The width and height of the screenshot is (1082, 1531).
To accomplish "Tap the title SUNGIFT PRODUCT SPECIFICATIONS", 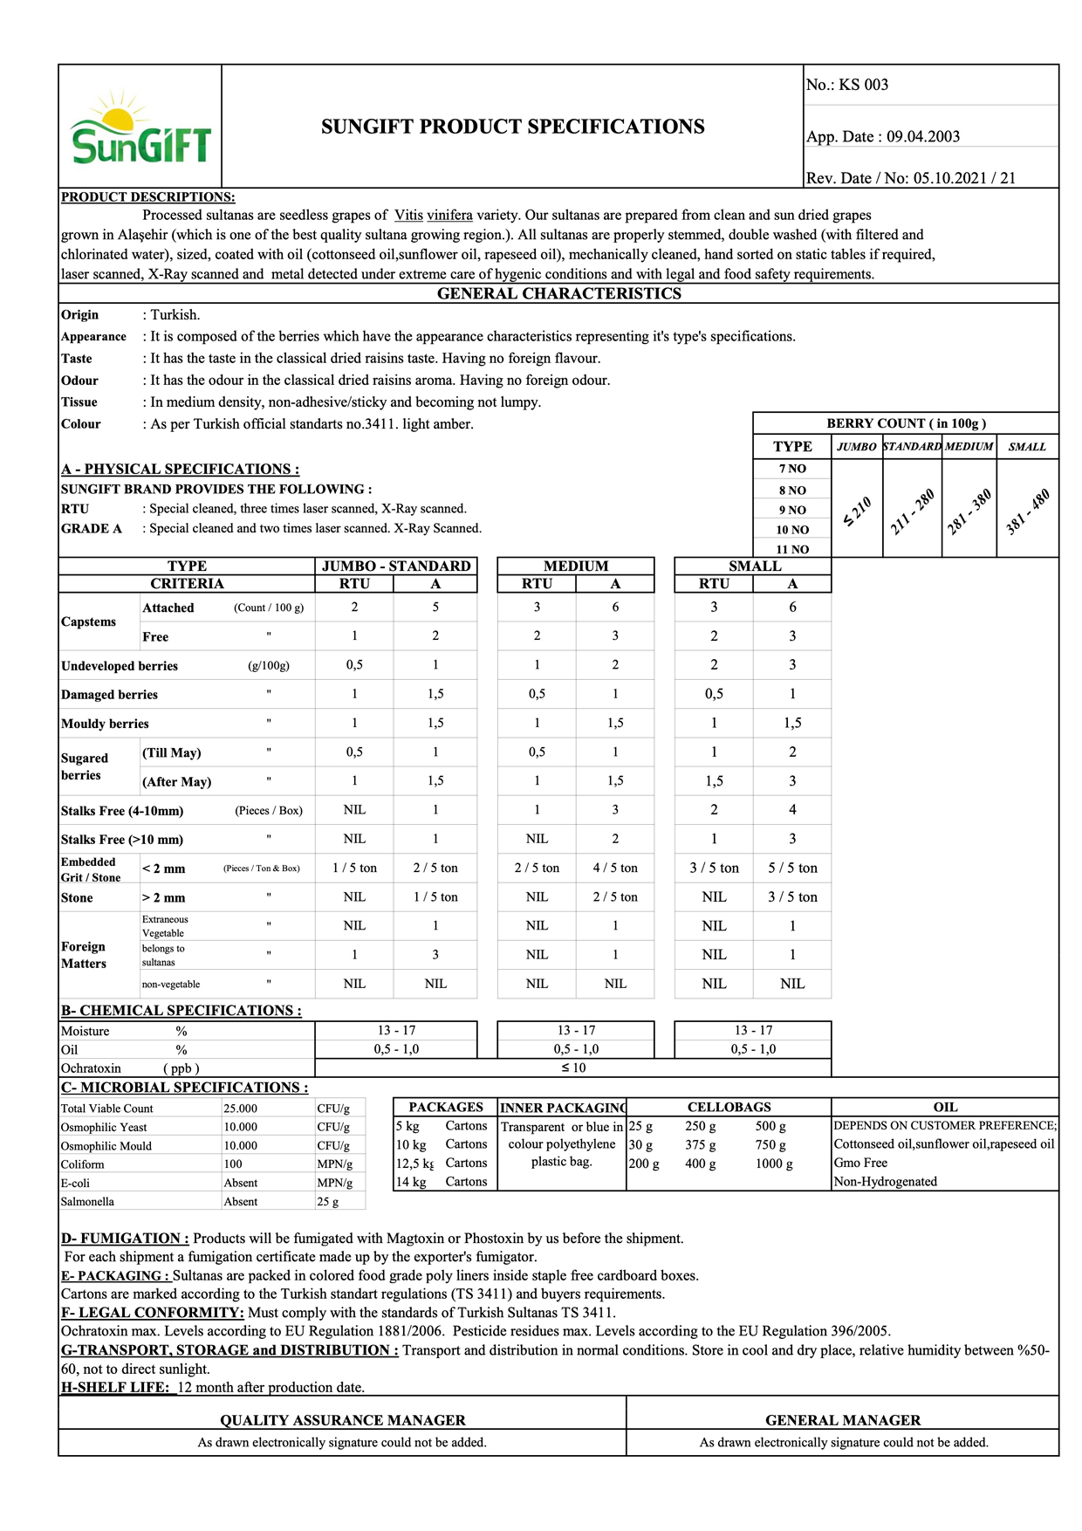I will click(512, 127).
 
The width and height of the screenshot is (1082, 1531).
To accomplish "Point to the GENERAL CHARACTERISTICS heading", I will click(558, 293).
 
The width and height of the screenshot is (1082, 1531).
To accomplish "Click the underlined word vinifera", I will click(449, 215).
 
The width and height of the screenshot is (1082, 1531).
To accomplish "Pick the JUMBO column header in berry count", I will click(856, 446).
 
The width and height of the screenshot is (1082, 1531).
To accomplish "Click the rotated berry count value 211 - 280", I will click(912, 511).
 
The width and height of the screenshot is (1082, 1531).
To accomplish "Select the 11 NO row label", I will click(792, 549).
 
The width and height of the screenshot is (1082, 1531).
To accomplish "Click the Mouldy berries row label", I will click(105, 724).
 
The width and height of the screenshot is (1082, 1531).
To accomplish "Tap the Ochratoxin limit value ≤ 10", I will click(572, 1068).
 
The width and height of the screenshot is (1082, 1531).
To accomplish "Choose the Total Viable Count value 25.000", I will click(240, 1109).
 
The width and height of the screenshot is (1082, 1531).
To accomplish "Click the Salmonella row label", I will click(87, 1202).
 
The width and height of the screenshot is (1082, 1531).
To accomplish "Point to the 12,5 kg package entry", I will click(414, 1163).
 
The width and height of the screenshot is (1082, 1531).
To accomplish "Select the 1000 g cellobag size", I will click(774, 1164).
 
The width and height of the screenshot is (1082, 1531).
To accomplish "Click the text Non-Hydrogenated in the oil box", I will click(885, 1182).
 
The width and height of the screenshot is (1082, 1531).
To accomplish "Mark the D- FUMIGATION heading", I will click(125, 1238).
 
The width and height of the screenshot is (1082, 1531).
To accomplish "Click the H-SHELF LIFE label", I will click(115, 1387).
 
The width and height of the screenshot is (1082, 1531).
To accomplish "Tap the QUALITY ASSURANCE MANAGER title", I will click(342, 1420).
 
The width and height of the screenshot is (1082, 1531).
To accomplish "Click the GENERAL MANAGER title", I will click(842, 1420).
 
